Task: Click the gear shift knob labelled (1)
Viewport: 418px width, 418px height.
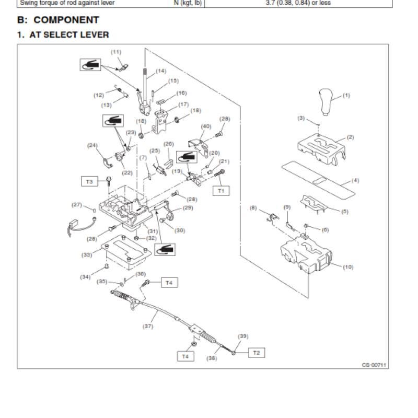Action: (x=326, y=102)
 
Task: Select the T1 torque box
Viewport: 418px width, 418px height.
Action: (x=221, y=191)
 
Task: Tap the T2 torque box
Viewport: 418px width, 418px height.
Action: (x=257, y=353)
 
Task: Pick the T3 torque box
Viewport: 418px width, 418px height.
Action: (x=89, y=181)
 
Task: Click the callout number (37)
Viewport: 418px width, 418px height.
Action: (x=148, y=326)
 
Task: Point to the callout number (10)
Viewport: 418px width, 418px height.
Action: (x=348, y=267)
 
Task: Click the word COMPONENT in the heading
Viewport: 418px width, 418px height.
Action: (x=66, y=20)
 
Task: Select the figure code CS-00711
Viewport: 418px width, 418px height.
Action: (x=374, y=365)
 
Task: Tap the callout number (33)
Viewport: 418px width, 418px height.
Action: (x=87, y=254)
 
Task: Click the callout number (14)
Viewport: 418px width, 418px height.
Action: (x=161, y=71)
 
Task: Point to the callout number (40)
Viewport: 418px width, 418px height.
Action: (x=206, y=126)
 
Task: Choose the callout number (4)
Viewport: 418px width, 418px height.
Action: (x=355, y=180)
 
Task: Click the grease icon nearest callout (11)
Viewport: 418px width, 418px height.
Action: (x=90, y=65)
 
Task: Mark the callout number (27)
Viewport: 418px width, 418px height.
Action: (x=77, y=205)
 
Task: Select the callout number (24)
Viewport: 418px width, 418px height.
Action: (x=92, y=145)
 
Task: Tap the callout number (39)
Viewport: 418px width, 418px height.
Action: (x=243, y=336)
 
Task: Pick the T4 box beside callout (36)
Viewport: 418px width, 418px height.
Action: (x=169, y=283)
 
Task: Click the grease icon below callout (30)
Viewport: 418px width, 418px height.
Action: (x=165, y=250)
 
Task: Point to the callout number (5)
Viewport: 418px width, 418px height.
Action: (x=345, y=212)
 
